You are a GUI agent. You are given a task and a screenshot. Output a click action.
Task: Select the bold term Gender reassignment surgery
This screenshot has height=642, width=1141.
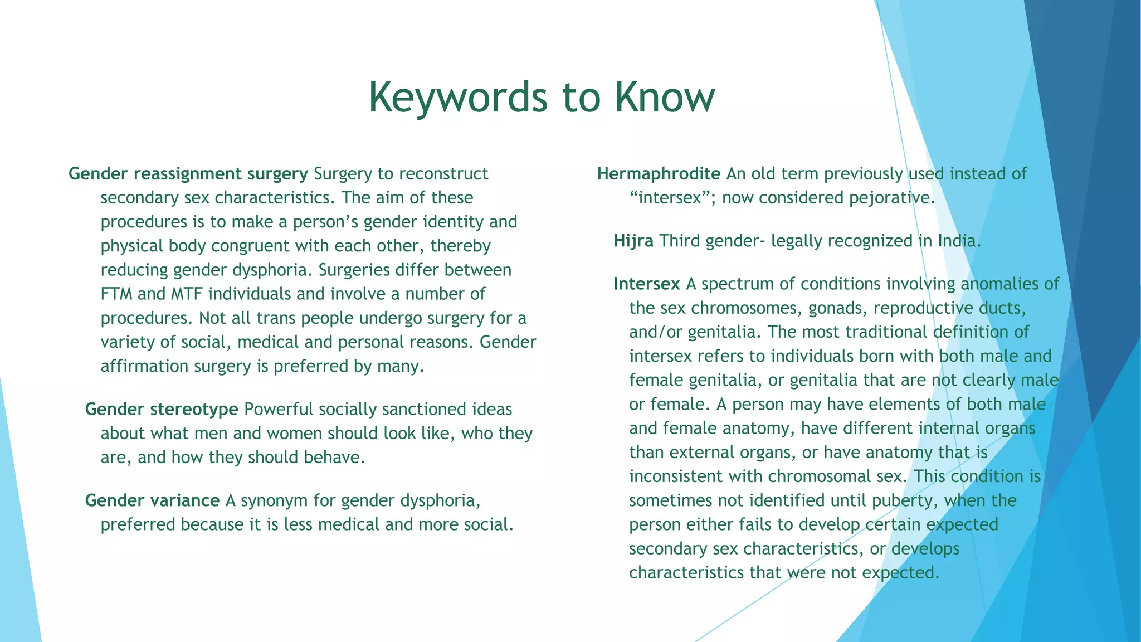tap(188, 174)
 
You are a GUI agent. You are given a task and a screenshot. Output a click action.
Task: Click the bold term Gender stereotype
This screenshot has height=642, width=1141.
tap(162, 410)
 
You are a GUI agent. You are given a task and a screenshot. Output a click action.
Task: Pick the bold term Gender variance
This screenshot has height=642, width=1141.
tap(152, 501)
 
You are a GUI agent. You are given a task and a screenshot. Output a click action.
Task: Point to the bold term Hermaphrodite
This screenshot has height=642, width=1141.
tap(659, 174)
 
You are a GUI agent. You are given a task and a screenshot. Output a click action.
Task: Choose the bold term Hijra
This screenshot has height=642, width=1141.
tap(633, 241)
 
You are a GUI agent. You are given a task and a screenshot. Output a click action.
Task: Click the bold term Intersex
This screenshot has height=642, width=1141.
tap(646, 284)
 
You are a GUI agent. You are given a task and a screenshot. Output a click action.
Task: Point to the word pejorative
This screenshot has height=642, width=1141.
tap(891, 198)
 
